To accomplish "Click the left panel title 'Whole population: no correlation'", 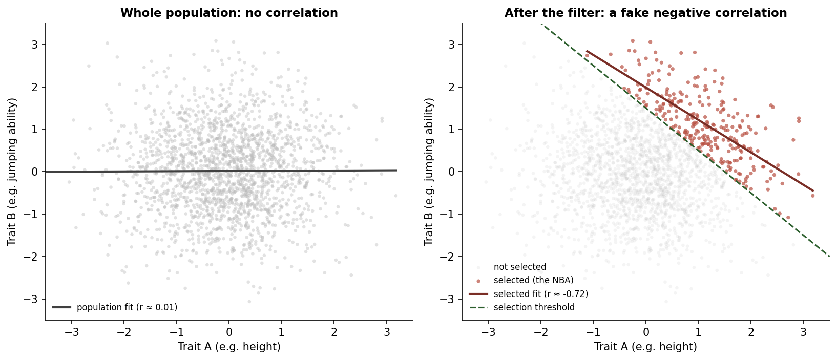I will (229, 13).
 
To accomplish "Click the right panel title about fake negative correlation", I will (645, 13).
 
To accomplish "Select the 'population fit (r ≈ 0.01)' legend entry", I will (127, 307).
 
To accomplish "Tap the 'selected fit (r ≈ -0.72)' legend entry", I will (540, 294).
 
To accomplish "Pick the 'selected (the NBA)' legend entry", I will (533, 280).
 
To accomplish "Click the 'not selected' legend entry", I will (519, 267).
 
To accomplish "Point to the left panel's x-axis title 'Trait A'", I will (229, 347).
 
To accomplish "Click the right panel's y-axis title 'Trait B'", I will (429, 172).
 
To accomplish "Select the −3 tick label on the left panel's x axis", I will (71, 331).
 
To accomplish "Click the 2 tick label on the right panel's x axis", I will (750, 331).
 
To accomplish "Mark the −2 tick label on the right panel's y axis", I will (450, 257).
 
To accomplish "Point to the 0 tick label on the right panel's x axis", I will (645, 331).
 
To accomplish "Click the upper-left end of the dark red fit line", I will (586, 51).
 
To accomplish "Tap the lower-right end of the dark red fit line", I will (813, 191).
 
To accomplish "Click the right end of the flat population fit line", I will (396, 170).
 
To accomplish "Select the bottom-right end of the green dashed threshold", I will (829, 256).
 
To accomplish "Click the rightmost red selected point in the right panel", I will (812, 196).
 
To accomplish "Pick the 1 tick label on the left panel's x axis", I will (281, 331).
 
